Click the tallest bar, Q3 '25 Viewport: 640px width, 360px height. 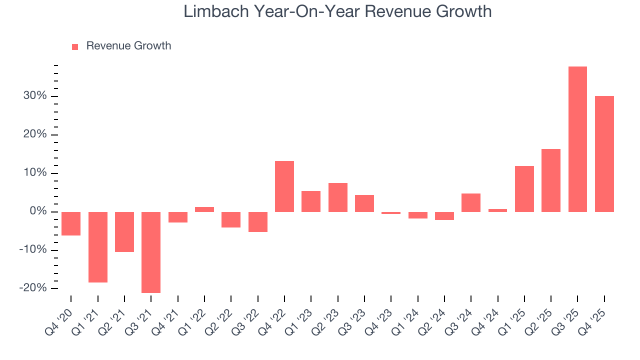[x=577, y=139]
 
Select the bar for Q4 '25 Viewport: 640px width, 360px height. [x=604, y=153]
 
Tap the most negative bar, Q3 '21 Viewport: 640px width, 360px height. [x=151, y=252]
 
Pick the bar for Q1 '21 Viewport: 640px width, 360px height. [x=97, y=247]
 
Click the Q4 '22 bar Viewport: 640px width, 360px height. [x=284, y=186]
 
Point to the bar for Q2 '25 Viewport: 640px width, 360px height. [x=551, y=180]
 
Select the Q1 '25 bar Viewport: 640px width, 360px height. [x=524, y=188]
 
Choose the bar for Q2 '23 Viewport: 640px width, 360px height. [x=337, y=197]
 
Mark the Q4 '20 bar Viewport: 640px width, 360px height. [x=71, y=223]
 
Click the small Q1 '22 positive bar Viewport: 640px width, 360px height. [x=204, y=209]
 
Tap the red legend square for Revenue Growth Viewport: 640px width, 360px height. [x=75, y=46]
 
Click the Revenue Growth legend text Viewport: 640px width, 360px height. [x=128, y=46]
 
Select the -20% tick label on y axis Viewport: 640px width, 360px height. [x=33, y=288]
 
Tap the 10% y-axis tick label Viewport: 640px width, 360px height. [x=35, y=173]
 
